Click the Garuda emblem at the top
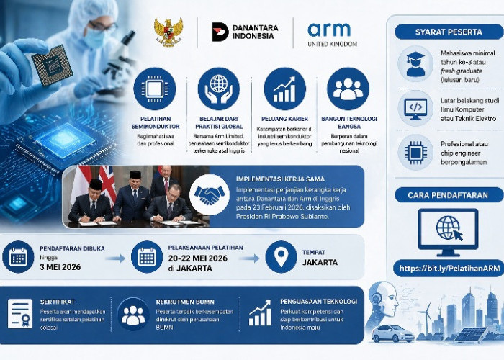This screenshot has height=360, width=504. [x=168, y=32]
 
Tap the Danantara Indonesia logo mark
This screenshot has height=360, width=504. [x=220, y=32]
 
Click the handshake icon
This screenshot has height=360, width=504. [x=210, y=194]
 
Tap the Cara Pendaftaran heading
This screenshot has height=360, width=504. [x=443, y=194]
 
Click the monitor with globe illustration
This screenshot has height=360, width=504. [x=448, y=230]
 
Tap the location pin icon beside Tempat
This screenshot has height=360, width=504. [x=281, y=257]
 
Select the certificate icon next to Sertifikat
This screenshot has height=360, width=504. [x=19, y=314]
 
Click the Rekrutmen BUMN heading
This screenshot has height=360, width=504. [x=181, y=302]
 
